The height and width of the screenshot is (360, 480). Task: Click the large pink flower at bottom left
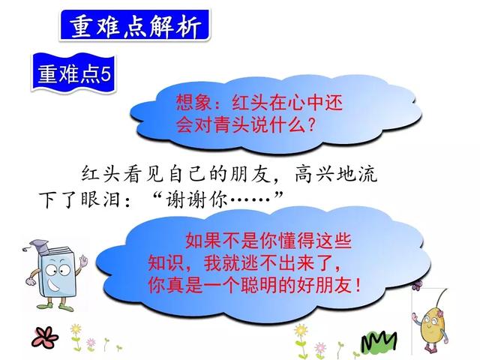click(x=30, y=334)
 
